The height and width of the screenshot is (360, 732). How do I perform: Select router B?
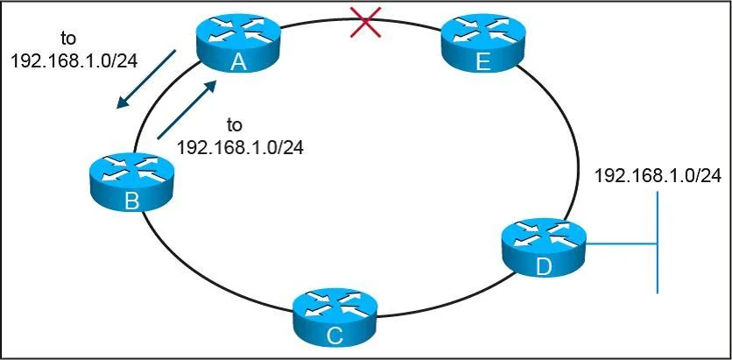click(131, 181)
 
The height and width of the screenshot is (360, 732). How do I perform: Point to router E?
click(482, 46)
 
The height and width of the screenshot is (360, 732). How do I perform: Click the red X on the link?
click(366, 22)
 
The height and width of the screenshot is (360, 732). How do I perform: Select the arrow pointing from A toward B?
click(145, 79)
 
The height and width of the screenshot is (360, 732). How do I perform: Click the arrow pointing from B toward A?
click(187, 109)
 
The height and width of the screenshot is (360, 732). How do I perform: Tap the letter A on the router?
click(238, 62)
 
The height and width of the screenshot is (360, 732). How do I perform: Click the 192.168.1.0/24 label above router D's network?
click(658, 176)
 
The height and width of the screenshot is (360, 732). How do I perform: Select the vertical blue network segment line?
click(658, 242)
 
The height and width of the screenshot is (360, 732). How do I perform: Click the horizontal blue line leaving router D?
click(622, 244)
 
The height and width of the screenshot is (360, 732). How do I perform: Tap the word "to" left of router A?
click(68, 39)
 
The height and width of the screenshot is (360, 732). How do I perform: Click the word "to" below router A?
click(235, 125)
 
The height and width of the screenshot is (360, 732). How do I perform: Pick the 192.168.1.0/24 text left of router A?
click(74, 60)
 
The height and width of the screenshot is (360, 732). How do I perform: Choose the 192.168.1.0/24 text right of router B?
click(240, 146)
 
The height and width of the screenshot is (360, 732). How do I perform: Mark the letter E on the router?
click(483, 62)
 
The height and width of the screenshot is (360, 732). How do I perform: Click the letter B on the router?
click(131, 201)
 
